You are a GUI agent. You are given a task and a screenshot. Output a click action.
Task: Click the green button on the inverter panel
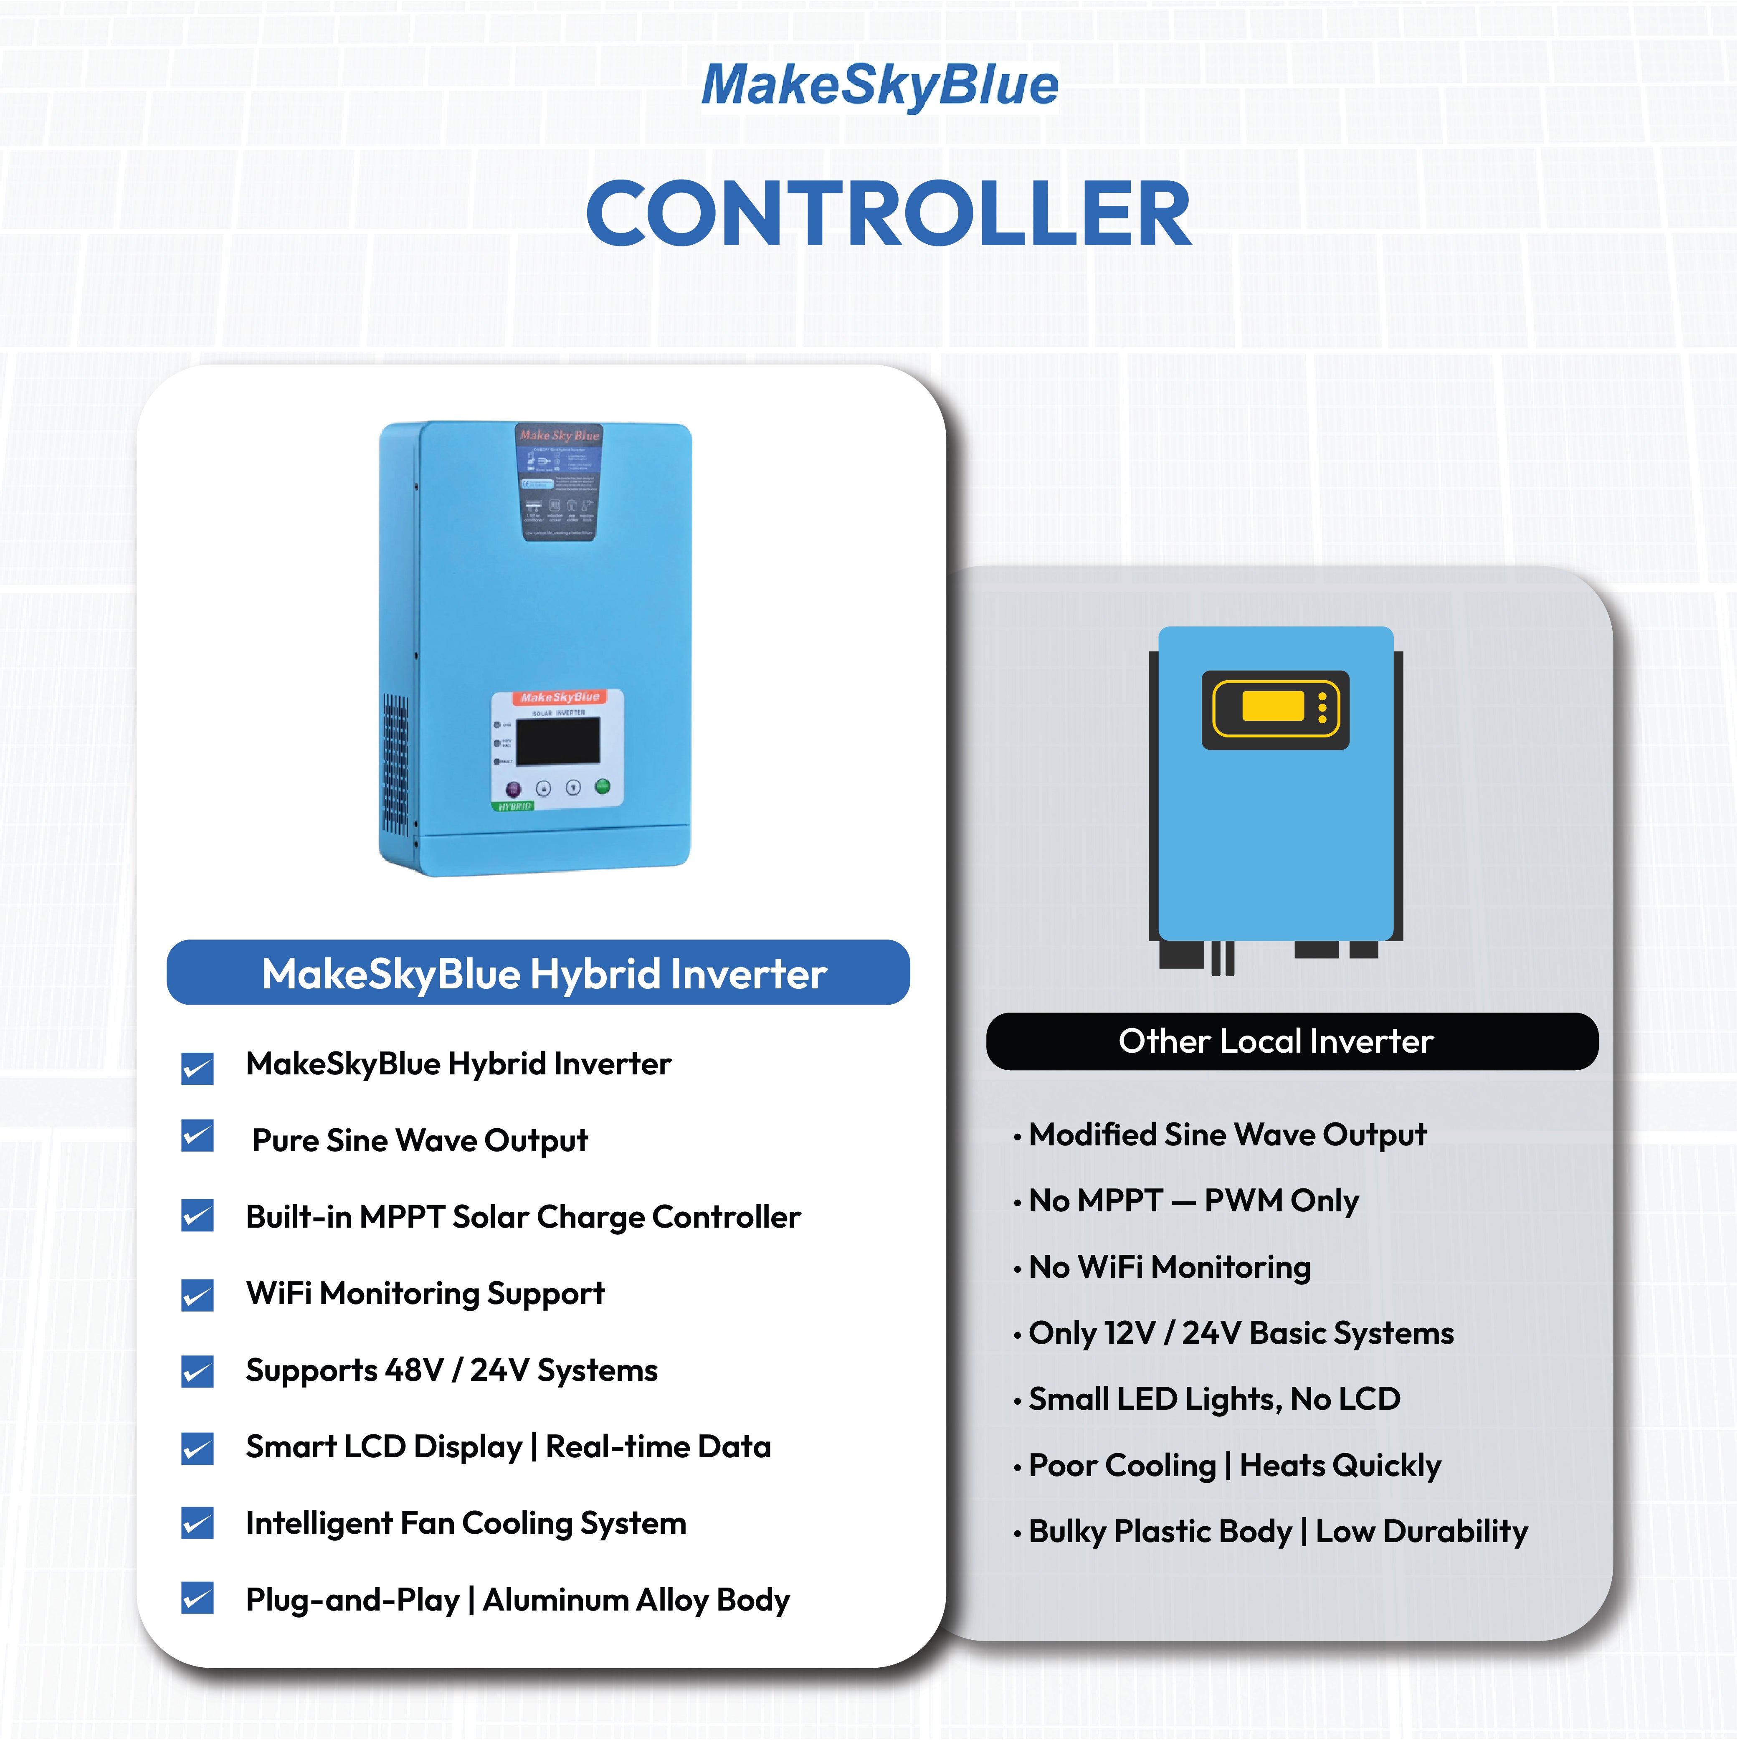point(603,786)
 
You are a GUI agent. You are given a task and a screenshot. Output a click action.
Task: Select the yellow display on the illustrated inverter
point(1273,707)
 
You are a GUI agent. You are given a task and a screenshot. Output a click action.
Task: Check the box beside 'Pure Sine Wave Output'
point(197,1137)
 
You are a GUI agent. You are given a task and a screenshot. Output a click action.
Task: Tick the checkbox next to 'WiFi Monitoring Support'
point(197,1295)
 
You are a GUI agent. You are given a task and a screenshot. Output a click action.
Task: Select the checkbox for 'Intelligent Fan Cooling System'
point(197,1523)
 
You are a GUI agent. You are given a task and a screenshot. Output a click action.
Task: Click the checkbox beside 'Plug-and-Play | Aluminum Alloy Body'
point(197,1598)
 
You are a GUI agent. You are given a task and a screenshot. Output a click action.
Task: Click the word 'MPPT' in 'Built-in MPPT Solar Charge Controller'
point(402,1217)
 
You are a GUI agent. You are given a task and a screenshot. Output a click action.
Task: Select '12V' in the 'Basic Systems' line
point(1130,1333)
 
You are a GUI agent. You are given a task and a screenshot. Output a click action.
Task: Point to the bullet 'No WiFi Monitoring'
point(1169,1267)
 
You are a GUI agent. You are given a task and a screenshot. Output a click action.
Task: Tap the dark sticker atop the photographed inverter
point(558,482)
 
